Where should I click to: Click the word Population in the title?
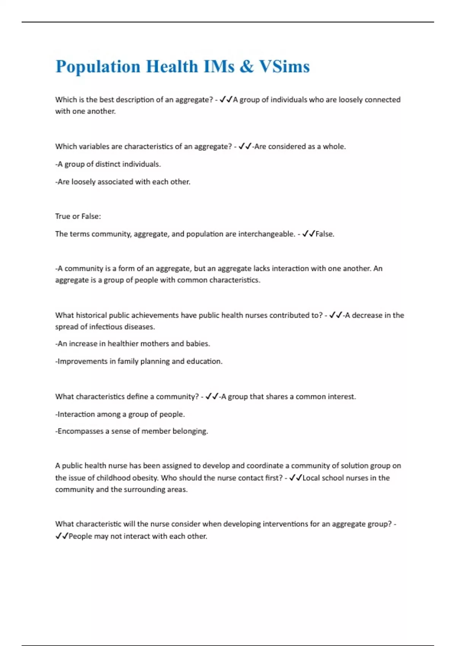click(x=98, y=67)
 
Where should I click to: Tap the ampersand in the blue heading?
click(x=247, y=67)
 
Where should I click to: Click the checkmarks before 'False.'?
click(x=309, y=234)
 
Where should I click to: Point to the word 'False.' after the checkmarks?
click(x=325, y=234)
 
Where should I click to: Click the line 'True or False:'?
click(x=78, y=216)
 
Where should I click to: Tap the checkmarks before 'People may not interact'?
click(x=62, y=536)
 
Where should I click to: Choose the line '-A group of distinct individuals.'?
click(x=108, y=164)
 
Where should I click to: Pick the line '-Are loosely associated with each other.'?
click(x=123, y=182)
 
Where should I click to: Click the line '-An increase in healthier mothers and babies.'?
click(x=133, y=344)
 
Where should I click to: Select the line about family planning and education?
click(x=139, y=361)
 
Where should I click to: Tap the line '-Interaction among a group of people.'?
click(x=120, y=414)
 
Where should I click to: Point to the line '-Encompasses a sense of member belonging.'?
click(x=131, y=431)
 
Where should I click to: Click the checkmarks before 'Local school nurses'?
click(x=296, y=478)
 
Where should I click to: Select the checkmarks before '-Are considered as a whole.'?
click(x=245, y=147)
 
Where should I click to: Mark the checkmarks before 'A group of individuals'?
click(x=226, y=100)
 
